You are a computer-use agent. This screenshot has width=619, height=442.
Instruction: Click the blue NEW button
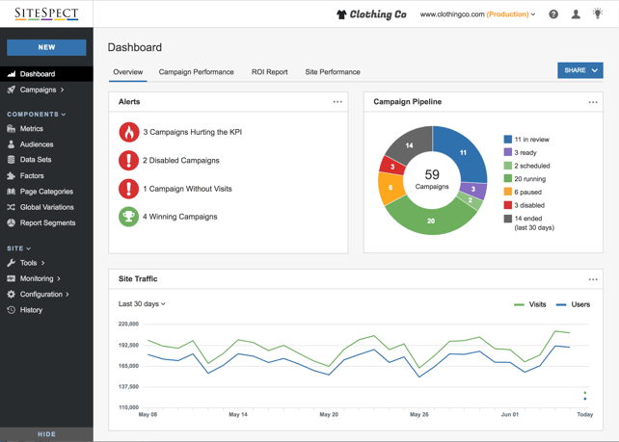(x=46, y=47)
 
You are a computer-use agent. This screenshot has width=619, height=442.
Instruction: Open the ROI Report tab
(x=270, y=72)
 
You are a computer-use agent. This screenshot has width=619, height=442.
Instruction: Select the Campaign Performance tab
(x=196, y=72)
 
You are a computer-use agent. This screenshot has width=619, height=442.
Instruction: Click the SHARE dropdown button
(x=579, y=70)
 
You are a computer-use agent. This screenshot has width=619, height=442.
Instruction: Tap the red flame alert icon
(x=128, y=132)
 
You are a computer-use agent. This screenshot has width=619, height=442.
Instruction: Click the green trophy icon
(x=128, y=217)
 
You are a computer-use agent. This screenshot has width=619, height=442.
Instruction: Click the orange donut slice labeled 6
(x=390, y=188)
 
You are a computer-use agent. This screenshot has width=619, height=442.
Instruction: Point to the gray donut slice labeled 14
(x=409, y=144)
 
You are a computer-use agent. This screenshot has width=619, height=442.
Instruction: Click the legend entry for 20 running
(x=525, y=179)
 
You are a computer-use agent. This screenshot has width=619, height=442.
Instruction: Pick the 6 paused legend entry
(x=524, y=192)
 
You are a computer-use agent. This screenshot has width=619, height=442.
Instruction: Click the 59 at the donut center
(x=432, y=174)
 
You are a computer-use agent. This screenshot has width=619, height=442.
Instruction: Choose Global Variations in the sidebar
(x=40, y=207)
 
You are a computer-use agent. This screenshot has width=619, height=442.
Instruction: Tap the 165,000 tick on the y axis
(x=128, y=366)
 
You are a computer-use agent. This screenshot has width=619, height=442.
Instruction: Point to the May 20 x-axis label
(x=329, y=414)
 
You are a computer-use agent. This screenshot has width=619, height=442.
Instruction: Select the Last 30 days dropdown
(x=142, y=304)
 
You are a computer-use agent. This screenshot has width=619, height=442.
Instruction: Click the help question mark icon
(x=553, y=14)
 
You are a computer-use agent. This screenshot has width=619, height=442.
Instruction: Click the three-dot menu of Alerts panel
(x=337, y=102)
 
